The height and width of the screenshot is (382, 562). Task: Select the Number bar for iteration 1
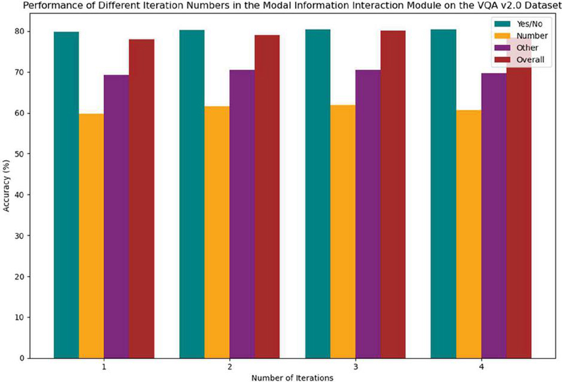[x=91, y=236]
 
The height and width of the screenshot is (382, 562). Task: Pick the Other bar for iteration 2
[x=242, y=214]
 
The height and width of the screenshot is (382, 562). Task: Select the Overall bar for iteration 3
[x=393, y=195]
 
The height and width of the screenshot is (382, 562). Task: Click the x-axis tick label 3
[x=355, y=367]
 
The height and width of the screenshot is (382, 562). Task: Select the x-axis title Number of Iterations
[x=293, y=377]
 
